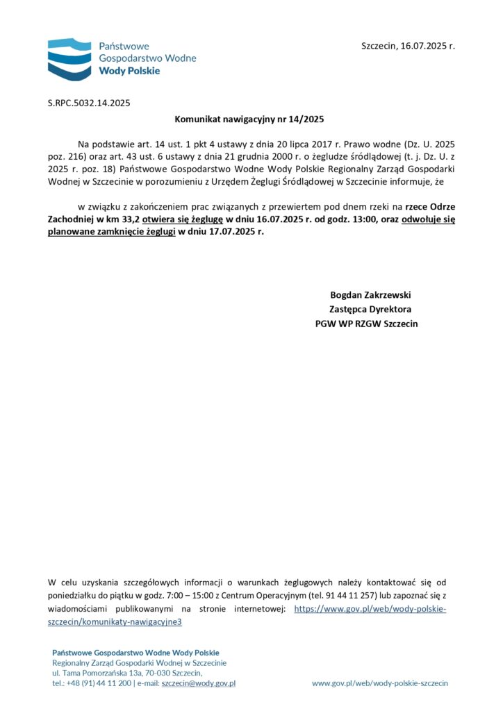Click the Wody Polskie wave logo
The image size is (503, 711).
click(69, 58)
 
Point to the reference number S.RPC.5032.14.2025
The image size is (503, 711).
click(89, 103)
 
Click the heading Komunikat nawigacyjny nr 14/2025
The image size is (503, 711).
click(249, 119)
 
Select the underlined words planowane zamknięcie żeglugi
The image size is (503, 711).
click(112, 231)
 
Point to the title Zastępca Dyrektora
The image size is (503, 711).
click(370, 309)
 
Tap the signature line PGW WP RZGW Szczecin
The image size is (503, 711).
click(366, 324)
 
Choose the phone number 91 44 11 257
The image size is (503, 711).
click(350, 596)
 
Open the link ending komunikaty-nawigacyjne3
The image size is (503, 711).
click(115, 622)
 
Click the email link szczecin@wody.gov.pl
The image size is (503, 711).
click(199, 683)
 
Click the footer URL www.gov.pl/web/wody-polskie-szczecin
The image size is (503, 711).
click(379, 683)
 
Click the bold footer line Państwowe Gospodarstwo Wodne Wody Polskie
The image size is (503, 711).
click(135, 653)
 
